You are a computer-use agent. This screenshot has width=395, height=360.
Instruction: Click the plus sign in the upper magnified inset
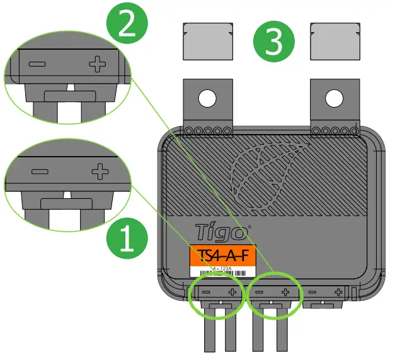[97, 64]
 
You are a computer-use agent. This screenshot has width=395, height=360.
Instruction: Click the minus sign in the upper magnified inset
[37, 64]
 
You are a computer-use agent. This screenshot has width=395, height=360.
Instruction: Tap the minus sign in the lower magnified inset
[40, 171]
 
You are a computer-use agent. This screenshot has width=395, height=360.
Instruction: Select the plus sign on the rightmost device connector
[338, 292]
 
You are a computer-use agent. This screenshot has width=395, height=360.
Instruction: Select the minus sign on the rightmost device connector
[313, 292]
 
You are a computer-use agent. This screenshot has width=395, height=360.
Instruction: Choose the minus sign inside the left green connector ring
[205, 292]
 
